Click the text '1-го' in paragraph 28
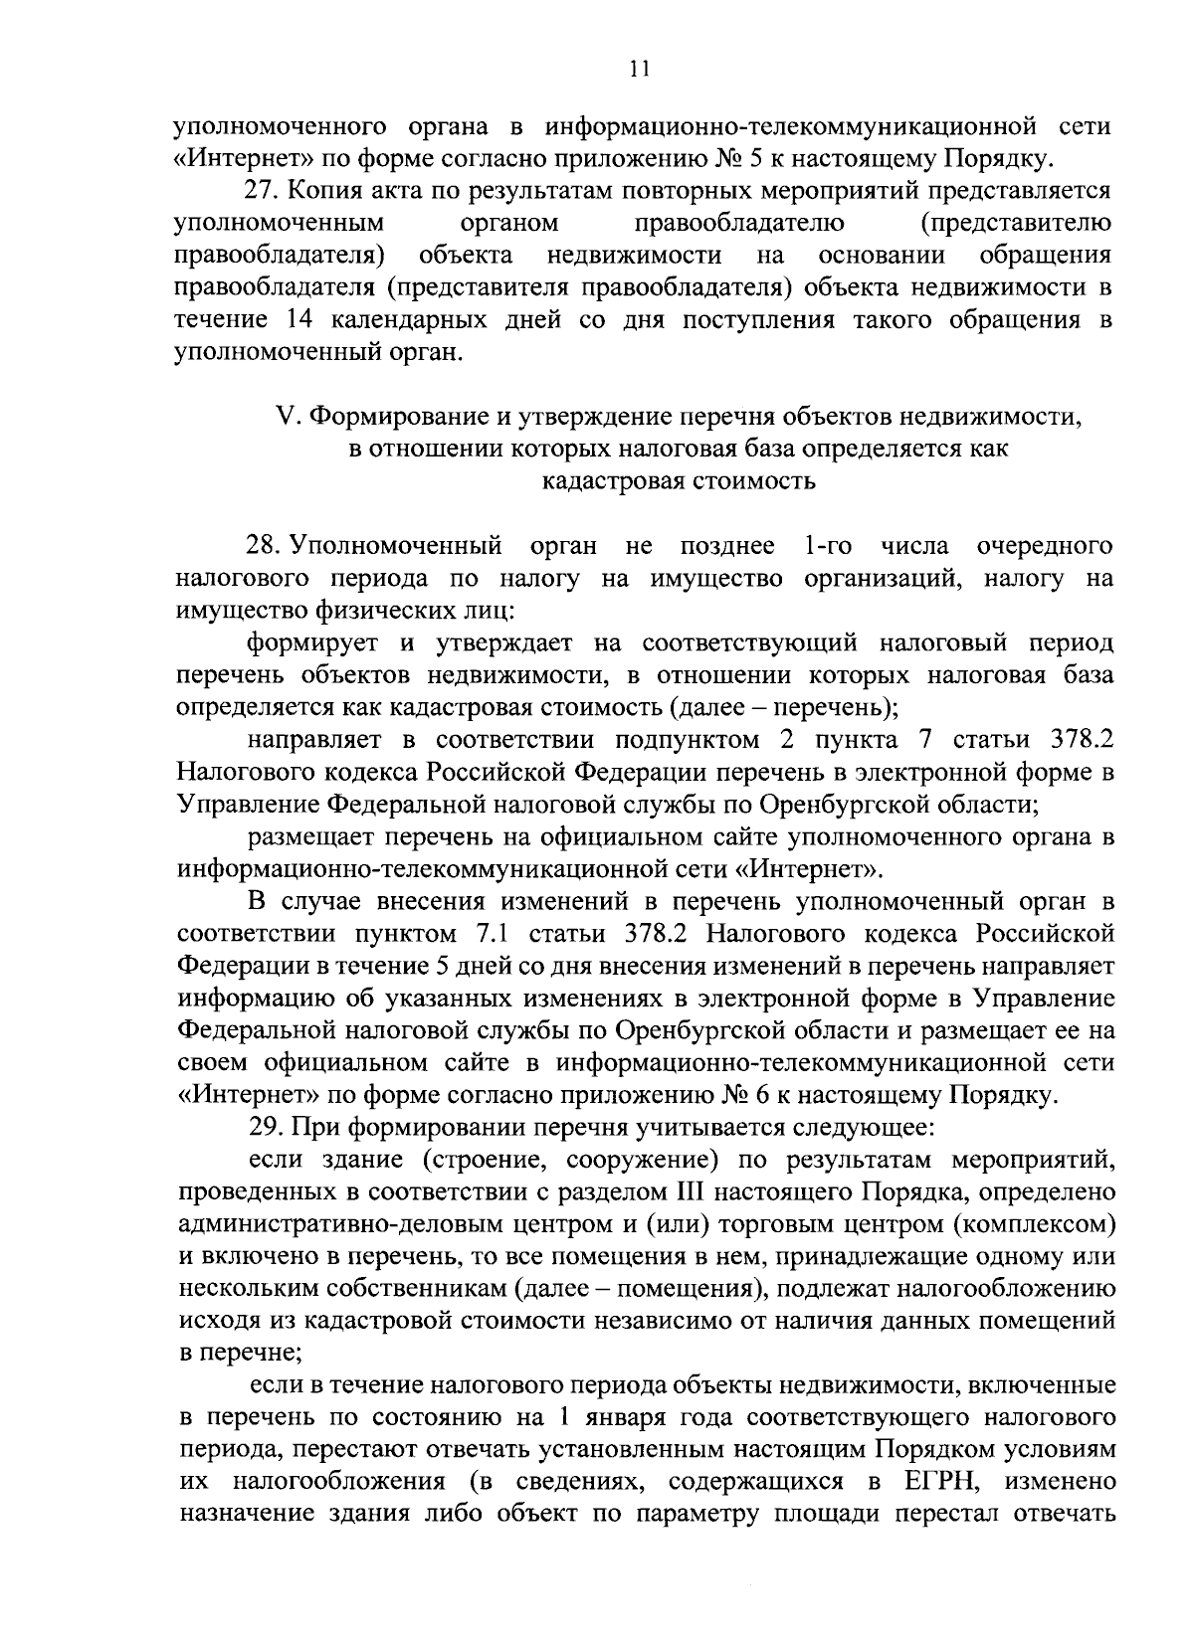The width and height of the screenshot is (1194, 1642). (x=823, y=545)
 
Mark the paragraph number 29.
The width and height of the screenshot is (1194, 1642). (x=264, y=1128)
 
